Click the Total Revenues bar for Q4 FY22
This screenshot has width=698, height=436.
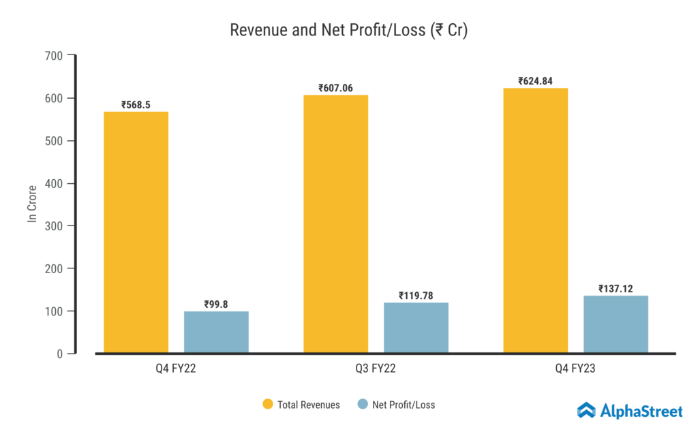(136, 232)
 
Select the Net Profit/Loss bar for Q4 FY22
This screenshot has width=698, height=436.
(216, 332)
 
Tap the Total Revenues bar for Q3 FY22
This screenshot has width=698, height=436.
(335, 224)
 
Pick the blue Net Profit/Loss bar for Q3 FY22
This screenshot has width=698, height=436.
(416, 328)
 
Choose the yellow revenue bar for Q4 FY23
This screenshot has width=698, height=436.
(535, 221)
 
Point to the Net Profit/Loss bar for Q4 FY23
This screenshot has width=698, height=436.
(616, 324)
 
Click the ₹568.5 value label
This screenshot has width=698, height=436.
(136, 105)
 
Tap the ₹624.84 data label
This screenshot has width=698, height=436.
(535, 81)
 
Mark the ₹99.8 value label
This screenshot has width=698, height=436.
(216, 305)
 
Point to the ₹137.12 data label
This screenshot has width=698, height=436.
(616, 288)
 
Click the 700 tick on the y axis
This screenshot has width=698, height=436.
(55, 56)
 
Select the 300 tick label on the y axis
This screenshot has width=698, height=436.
(55, 226)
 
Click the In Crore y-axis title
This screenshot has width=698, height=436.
(32, 204)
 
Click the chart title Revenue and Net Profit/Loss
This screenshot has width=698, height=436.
(348, 31)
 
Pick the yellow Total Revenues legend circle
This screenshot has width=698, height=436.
(268, 405)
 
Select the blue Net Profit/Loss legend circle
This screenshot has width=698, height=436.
(363, 405)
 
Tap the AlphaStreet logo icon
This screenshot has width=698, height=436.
(586, 410)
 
